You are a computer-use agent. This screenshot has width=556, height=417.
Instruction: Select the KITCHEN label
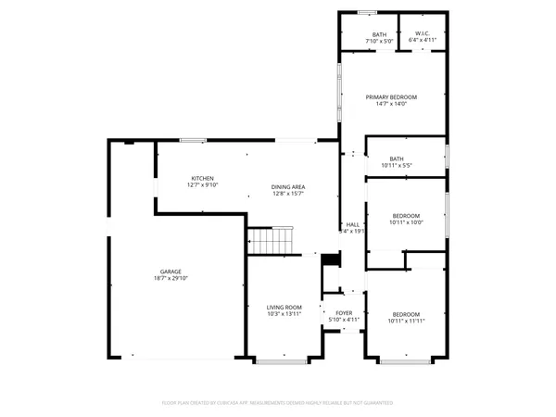click(203, 178)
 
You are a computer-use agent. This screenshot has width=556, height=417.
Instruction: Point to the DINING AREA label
click(288, 186)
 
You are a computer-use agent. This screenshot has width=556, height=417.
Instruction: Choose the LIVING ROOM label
click(285, 307)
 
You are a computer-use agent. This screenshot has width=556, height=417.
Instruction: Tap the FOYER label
click(344, 313)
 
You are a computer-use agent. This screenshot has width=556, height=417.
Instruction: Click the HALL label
click(352, 224)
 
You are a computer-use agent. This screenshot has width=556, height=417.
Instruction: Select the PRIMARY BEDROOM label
click(391, 97)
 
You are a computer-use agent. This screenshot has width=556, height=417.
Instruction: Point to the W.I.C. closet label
click(423, 34)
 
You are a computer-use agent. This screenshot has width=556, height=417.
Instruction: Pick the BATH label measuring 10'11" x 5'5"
click(397, 158)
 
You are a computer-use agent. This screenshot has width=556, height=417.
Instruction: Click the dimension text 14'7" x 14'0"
click(391, 104)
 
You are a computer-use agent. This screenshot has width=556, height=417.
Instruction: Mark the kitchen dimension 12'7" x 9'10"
click(203, 184)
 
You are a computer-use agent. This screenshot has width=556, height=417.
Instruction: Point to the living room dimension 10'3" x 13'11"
click(285, 314)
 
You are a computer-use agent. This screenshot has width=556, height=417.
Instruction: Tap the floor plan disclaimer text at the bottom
click(278, 403)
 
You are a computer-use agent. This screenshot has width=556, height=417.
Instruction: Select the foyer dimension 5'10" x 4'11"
click(344, 321)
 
